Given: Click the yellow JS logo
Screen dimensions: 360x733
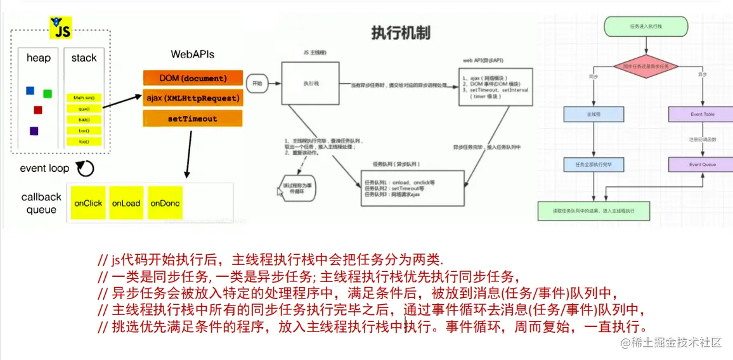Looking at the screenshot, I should click(x=61, y=28).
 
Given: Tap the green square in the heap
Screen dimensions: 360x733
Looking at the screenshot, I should click(x=48, y=94).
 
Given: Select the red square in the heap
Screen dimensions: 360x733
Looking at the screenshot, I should click(x=38, y=110).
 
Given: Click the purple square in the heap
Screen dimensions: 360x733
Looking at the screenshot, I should click(x=34, y=131).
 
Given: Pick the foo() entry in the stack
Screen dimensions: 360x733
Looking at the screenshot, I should click(x=84, y=141).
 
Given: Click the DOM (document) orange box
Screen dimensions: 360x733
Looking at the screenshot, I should click(x=193, y=78).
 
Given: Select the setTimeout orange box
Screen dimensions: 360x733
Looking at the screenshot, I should click(x=193, y=119).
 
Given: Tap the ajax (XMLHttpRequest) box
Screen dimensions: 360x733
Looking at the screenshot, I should click(x=193, y=98).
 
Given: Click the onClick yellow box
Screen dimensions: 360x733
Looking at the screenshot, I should click(x=88, y=203).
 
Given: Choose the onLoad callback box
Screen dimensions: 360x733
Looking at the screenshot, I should click(x=126, y=203).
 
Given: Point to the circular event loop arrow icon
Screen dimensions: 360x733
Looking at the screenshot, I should click(x=85, y=169).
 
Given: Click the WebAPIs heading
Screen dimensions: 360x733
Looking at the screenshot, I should click(x=193, y=55).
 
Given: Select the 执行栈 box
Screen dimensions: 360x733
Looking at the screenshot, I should click(x=311, y=83).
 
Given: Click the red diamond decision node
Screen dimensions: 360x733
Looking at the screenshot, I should click(x=645, y=66).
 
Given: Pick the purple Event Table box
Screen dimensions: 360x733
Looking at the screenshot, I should click(x=702, y=114).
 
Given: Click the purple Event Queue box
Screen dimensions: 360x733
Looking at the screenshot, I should click(x=702, y=164).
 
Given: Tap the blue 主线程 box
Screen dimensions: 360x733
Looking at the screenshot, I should click(x=594, y=114).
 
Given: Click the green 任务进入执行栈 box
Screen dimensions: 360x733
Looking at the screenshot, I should click(x=645, y=27).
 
